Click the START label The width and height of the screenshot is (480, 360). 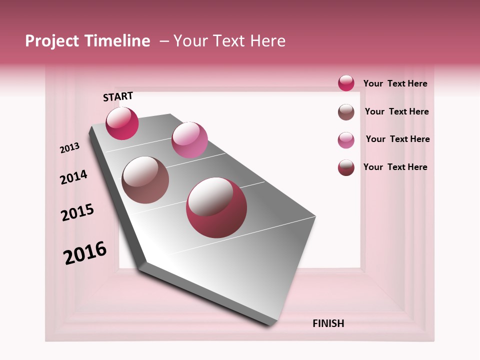[x=118, y=96]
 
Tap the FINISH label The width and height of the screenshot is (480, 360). [x=328, y=323]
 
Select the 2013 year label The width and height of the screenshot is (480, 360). [x=70, y=148]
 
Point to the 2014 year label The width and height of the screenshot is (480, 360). [x=73, y=177]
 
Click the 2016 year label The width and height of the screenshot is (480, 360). [x=85, y=252]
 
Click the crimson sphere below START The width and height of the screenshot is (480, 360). [x=122, y=123]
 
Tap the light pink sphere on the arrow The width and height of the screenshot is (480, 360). [x=189, y=140]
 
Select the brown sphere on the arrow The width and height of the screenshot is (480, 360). [x=145, y=180]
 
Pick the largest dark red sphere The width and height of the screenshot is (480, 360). [x=216, y=207]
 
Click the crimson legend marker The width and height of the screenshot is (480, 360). [x=346, y=83]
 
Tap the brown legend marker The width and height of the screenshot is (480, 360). [x=346, y=112]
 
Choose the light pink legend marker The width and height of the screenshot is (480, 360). [x=346, y=140]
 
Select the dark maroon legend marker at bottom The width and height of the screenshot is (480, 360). [x=346, y=168]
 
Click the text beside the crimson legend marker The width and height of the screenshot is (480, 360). [x=395, y=83]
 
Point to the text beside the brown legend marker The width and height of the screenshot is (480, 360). [x=396, y=111]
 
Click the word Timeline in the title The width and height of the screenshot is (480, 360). [x=117, y=41]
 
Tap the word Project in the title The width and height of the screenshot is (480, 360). [x=51, y=41]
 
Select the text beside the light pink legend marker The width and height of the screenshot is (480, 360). [x=397, y=139]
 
